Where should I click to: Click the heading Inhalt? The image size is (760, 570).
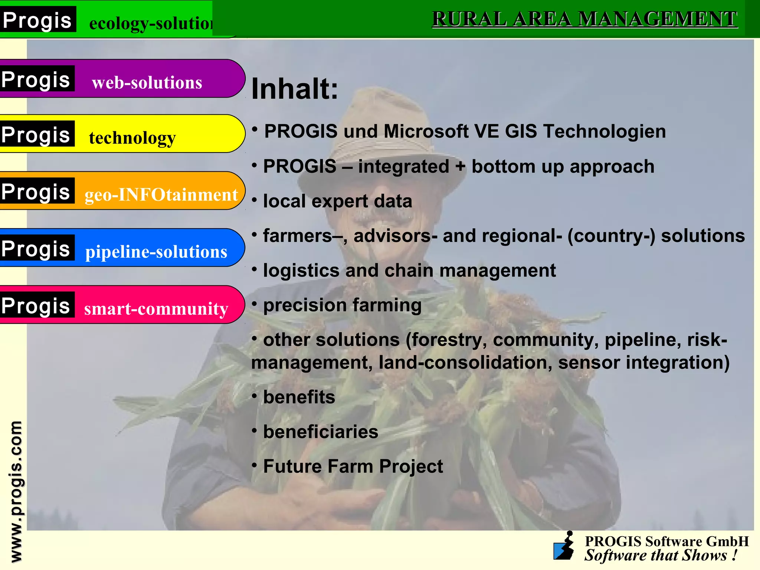[295, 89]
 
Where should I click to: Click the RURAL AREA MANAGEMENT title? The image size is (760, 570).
[584, 19]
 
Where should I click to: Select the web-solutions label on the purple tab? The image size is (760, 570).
[147, 82]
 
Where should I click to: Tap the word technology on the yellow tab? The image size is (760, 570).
[132, 138]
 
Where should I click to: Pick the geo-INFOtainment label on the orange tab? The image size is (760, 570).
[161, 195]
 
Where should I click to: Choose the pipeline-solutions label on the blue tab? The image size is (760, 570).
[156, 252]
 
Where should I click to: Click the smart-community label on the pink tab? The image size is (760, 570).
[156, 309]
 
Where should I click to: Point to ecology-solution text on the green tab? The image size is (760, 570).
[150, 23]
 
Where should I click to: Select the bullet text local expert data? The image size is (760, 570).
[337, 201]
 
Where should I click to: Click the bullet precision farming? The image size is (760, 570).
[342, 305]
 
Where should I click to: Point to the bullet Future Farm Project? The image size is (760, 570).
[353, 466]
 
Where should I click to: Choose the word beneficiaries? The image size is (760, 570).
[321, 432]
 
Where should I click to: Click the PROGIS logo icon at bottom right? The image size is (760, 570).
[564, 546]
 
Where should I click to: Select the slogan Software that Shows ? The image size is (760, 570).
[661, 556]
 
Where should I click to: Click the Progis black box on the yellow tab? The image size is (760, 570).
[36, 134]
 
